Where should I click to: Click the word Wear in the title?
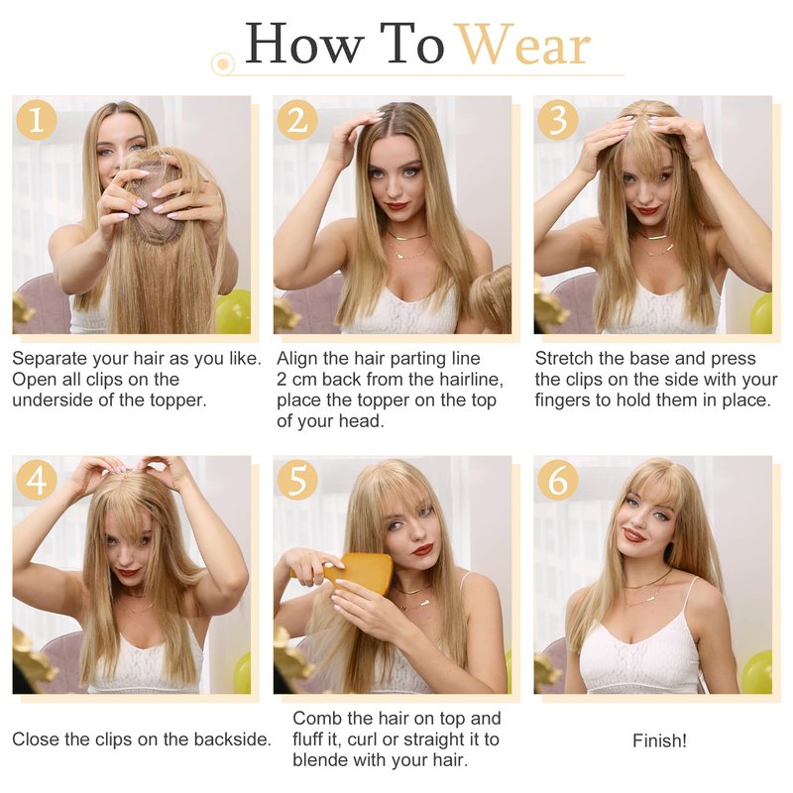pos(524,45)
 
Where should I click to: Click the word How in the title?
pos(304,44)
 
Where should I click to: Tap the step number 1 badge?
pos(37,120)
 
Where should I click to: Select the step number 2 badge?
pos(297,120)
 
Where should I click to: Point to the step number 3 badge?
pos(558,120)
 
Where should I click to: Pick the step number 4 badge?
pos(37,480)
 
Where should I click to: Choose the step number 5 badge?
pos(297,480)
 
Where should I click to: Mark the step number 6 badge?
pos(558,480)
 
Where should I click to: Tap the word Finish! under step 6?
pos(659,740)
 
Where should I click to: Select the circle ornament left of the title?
pos(222,63)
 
